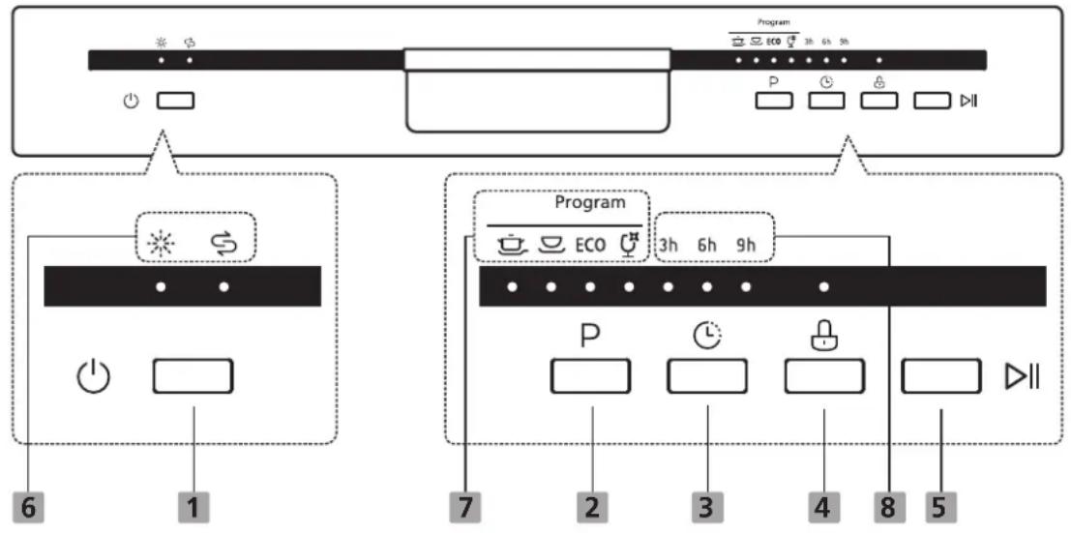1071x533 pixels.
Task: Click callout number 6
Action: tap(29, 509)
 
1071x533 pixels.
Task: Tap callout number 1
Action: tap(194, 509)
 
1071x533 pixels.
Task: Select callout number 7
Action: tap(466, 509)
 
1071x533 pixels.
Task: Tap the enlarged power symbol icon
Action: tap(93, 378)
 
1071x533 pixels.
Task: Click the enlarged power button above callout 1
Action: tap(193, 376)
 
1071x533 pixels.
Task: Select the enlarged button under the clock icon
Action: tap(707, 376)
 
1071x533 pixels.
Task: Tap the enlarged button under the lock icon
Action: tap(824, 376)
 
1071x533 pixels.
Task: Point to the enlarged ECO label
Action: tap(590, 245)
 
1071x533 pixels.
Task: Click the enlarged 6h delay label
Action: tap(707, 246)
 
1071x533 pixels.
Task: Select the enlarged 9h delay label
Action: tap(745, 246)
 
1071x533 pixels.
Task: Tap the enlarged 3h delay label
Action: tap(669, 246)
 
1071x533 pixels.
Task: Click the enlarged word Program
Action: tap(589, 203)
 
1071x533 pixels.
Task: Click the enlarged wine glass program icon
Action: tap(630, 244)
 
